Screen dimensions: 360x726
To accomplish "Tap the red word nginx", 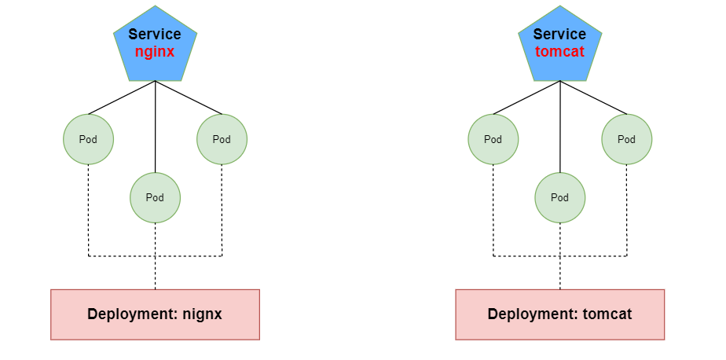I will click(x=155, y=52).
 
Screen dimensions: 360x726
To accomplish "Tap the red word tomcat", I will click(x=559, y=52).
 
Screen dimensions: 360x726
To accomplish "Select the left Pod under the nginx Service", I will click(x=89, y=139).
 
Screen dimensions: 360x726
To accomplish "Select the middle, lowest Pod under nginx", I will click(x=155, y=197).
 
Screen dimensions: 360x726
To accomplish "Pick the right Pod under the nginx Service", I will click(x=222, y=139).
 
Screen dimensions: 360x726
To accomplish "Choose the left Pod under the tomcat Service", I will click(x=493, y=139).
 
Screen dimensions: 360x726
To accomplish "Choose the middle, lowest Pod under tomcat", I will click(x=559, y=197).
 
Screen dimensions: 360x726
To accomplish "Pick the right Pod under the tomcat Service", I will click(x=626, y=139).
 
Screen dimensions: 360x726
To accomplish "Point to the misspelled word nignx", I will click(x=203, y=314).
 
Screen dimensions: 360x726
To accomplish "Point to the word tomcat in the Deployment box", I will click(x=607, y=314).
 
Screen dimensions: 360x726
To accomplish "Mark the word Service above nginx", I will click(x=155, y=35).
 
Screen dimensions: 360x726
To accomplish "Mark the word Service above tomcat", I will click(x=559, y=35).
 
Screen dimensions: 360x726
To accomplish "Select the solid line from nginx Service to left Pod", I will click(x=122, y=97).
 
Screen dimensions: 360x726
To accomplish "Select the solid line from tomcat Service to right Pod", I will click(x=593, y=97).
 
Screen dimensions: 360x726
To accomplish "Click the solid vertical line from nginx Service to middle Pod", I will click(x=155, y=126).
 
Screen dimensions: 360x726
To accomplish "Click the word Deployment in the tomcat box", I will click(x=529, y=314).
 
